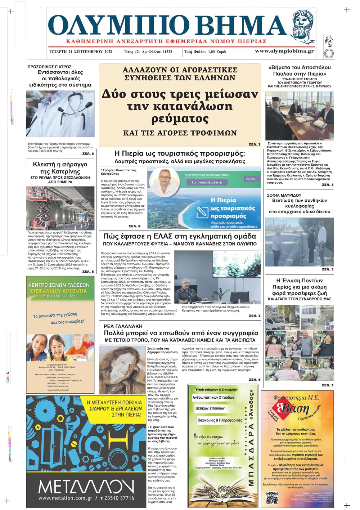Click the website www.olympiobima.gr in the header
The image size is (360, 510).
[284, 51]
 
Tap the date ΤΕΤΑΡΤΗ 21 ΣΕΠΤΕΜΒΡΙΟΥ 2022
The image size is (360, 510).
[80, 52]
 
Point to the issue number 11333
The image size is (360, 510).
[167, 52]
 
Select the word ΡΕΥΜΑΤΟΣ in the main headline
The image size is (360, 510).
[180, 118]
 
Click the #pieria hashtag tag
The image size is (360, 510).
[251, 179]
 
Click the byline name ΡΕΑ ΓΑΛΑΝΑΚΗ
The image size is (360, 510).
[123, 326]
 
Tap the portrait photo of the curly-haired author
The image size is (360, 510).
[122, 370]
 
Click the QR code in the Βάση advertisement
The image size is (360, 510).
[272, 497]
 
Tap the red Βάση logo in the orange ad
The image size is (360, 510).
[295, 409]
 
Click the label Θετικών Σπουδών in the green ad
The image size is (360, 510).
[210, 408]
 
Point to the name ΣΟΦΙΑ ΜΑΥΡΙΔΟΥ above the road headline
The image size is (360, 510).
[284, 195]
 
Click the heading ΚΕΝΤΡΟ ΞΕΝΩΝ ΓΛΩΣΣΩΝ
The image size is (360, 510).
[59, 285]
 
